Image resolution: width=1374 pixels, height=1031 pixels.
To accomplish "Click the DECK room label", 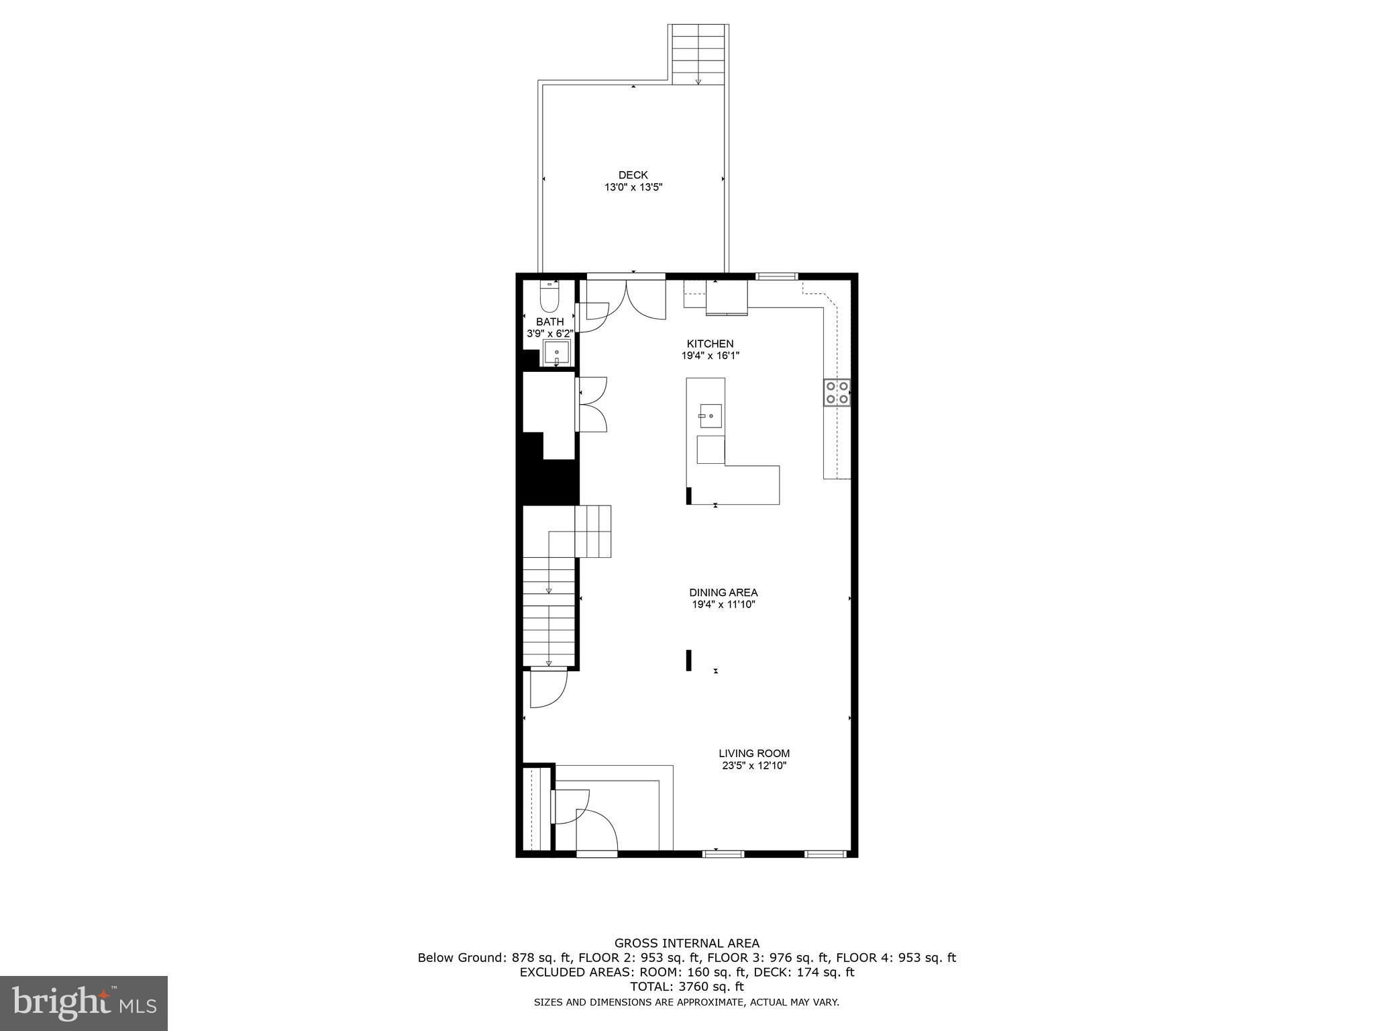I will pyautogui.click(x=633, y=175).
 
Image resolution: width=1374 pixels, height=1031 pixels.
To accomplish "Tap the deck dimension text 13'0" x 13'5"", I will pyautogui.click(x=633, y=188).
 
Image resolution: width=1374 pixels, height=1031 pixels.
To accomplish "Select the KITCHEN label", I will pyautogui.click(x=710, y=344).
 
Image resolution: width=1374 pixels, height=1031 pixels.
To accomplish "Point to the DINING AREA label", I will pyautogui.click(x=723, y=593).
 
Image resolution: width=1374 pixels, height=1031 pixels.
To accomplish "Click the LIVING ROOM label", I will pyautogui.click(x=754, y=753).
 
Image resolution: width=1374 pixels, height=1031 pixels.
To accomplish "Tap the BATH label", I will pyautogui.click(x=549, y=322).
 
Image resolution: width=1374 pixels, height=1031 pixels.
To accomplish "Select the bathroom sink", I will pyautogui.click(x=556, y=353).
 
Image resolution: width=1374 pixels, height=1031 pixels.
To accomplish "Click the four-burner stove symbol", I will pyautogui.click(x=837, y=393).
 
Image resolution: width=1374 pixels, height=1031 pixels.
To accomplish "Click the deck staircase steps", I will pyautogui.click(x=698, y=54).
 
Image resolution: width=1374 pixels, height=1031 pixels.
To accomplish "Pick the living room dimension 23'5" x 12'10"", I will pyautogui.click(x=754, y=766).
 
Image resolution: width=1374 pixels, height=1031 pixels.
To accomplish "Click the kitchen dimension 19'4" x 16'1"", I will pyautogui.click(x=710, y=356).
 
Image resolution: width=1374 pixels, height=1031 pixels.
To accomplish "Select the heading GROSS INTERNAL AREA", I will pyautogui.click(x=686, y=943).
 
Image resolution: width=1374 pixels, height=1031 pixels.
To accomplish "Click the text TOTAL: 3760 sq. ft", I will pyautogui.click(x=686, y=987).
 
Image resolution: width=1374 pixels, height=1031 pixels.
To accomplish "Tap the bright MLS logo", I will pyautogui.click(x=83, y=1003).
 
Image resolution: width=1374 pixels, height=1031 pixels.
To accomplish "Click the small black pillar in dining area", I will pyautogui.click(x=688, y=660).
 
